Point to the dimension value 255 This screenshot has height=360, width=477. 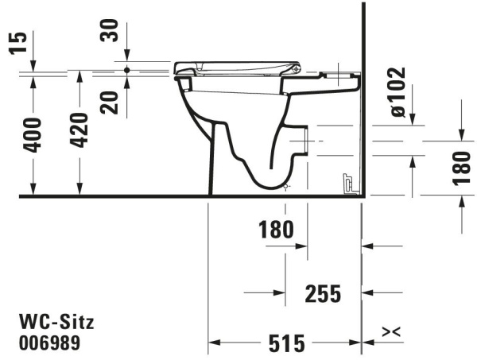point(323,293)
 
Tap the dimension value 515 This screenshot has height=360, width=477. point(285,343)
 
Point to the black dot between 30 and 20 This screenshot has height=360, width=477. point(126,70)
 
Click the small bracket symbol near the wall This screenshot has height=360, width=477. point(347,183)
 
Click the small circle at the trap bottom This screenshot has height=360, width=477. point(287,187)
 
